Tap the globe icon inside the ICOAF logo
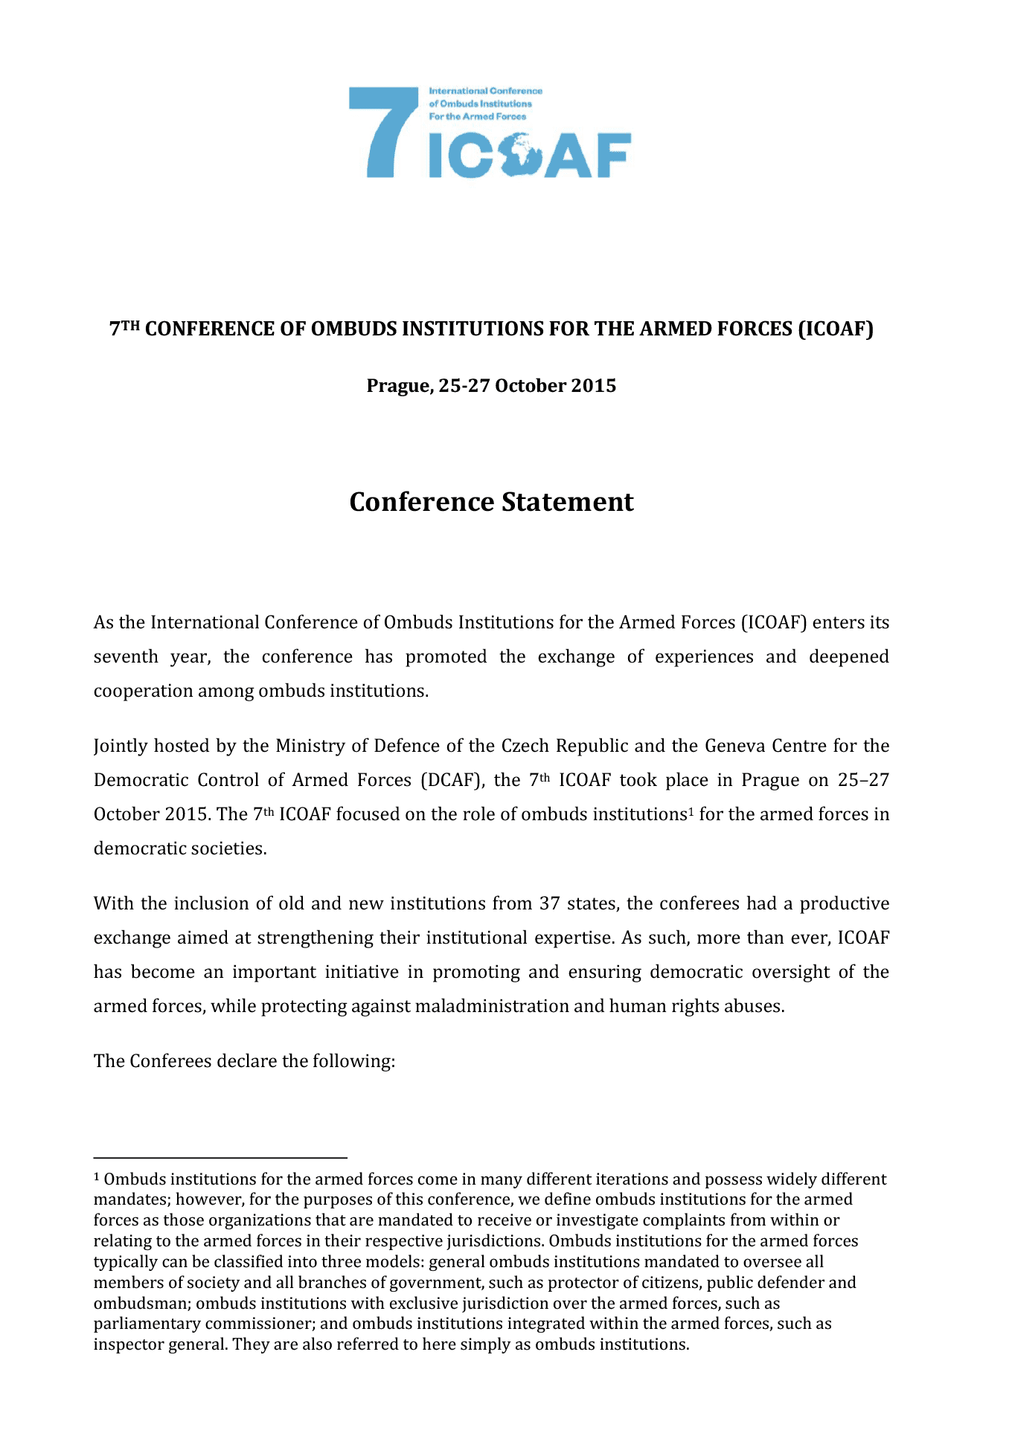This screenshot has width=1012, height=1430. pos(519,155)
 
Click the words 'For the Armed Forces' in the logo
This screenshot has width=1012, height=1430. pos(478,117)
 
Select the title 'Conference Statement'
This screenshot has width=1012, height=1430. pos(491,502)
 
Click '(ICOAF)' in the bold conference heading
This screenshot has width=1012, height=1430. pos(836,329)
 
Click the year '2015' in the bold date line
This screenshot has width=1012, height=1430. pos(594,386)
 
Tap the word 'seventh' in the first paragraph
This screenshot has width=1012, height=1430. pos(126,657)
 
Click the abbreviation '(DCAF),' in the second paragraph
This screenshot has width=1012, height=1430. pos(451,780)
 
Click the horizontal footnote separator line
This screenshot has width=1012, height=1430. pos(220,1157)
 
